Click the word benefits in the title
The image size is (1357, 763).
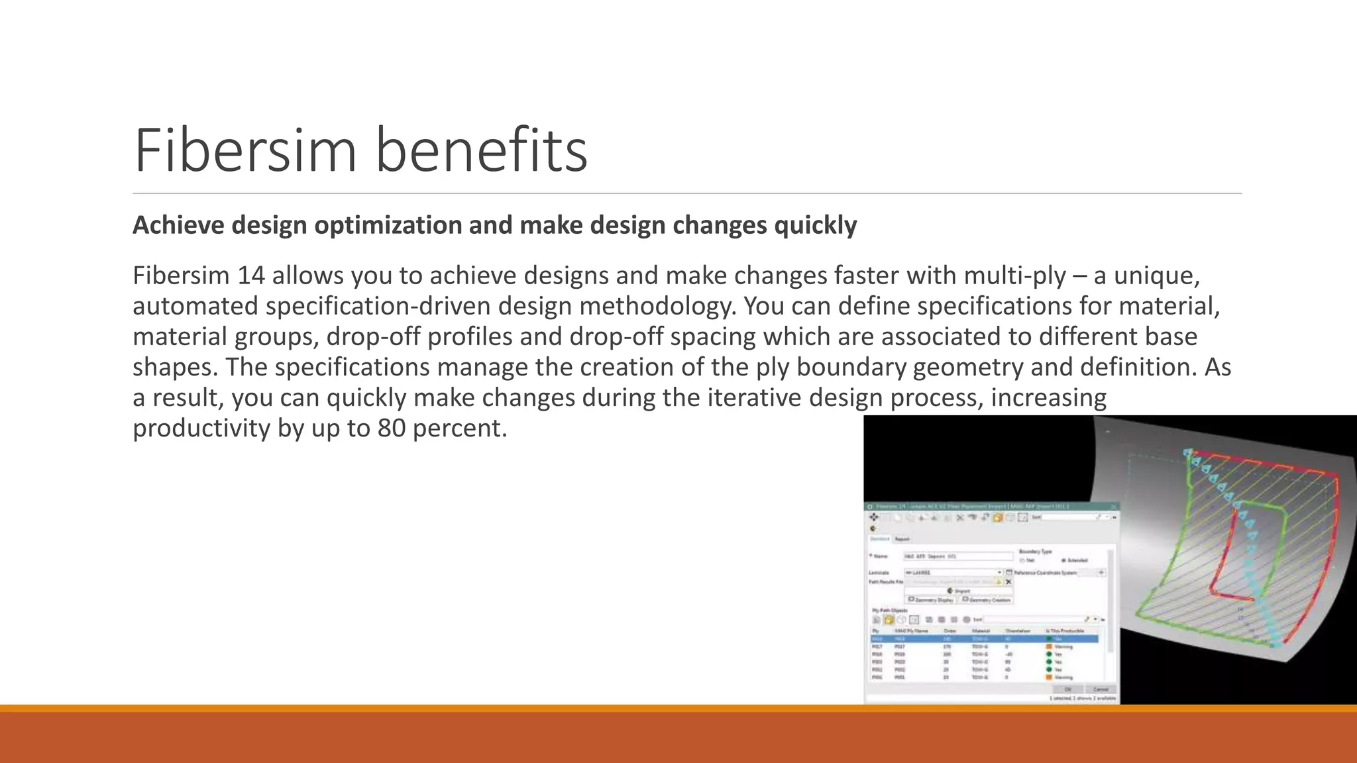coord(482,150)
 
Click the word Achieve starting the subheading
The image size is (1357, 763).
coord(178,225)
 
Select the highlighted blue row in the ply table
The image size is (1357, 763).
coord(984,639)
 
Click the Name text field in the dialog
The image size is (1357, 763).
coord(958,556)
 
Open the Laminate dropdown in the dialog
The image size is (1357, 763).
coord(999,572)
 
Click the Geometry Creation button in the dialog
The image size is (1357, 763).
coord(987,600)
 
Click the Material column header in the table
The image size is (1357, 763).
coord(980,631)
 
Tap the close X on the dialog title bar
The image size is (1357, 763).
coord(1114,507)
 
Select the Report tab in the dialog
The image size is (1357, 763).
coord(902,539)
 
